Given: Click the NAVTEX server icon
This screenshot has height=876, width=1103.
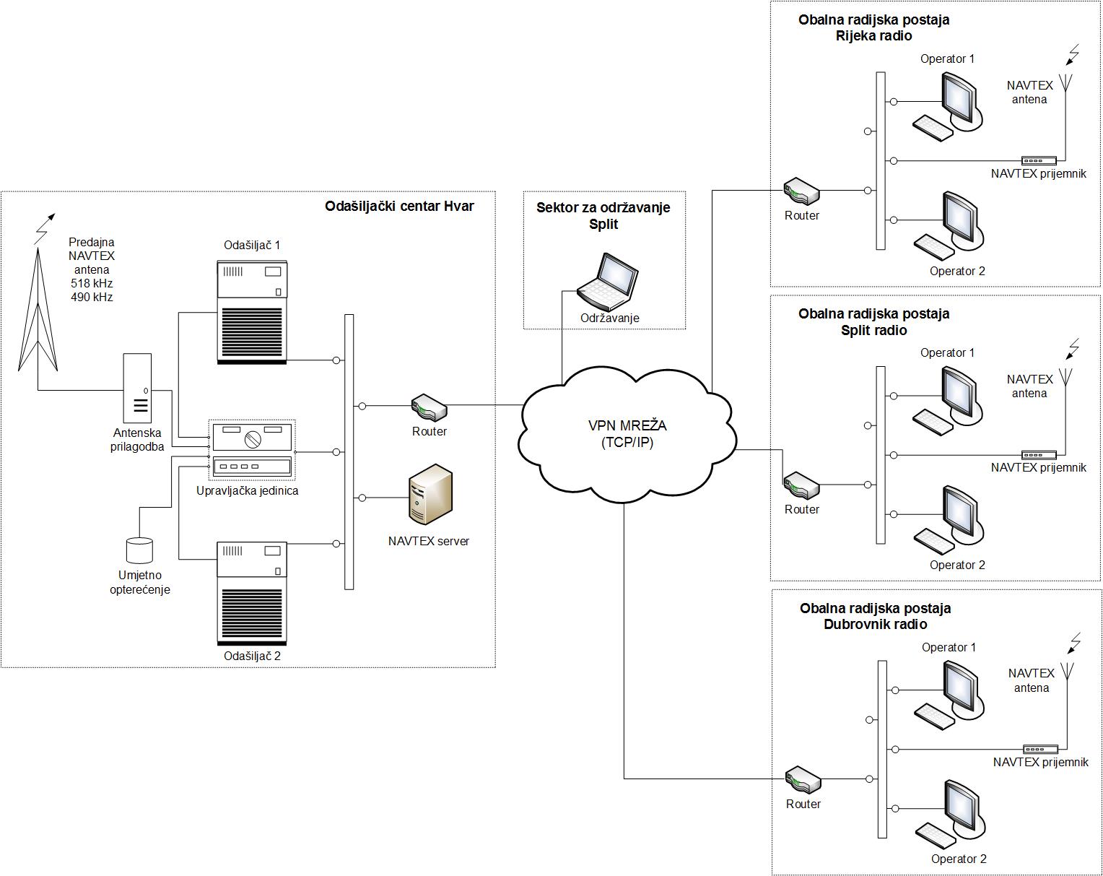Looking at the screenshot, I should coord(430,495).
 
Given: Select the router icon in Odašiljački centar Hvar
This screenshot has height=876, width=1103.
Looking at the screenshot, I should coord(429,408).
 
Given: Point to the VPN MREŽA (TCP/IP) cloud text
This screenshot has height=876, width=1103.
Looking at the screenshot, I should coord(627,434).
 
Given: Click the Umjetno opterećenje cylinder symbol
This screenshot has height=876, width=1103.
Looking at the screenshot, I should coord(139,550).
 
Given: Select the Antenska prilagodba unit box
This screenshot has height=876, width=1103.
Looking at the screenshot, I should coord(137,388).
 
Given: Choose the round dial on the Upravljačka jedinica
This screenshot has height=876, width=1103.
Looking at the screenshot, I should coord(252,438).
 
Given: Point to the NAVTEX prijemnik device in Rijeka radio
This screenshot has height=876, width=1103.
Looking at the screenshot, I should coord(1039,160).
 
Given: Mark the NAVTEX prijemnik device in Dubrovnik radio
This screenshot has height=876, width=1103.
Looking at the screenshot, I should coord(1040,749).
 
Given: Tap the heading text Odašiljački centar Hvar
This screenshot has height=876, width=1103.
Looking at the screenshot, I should coord(399,207).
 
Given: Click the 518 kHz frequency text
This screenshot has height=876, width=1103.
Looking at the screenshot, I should coord(92,283).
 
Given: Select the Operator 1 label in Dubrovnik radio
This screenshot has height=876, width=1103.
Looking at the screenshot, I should coord(949,648).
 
